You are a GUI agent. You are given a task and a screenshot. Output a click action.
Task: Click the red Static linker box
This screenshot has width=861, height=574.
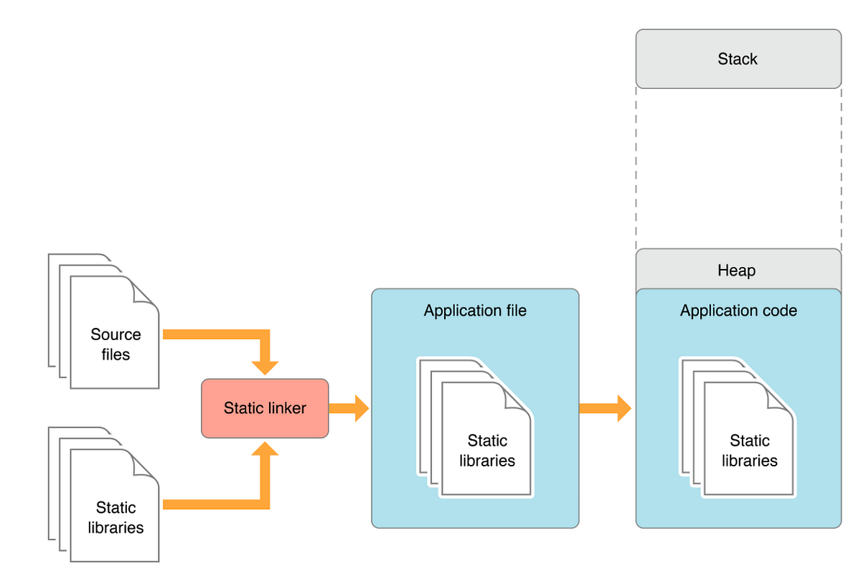point(265,408)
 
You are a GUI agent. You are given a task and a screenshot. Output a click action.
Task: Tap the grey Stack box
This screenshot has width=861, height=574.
point(738,59)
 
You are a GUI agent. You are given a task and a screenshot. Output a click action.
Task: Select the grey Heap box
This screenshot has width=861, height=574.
point(738,270)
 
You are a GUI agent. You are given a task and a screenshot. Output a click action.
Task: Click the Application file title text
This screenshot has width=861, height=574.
point(475,311)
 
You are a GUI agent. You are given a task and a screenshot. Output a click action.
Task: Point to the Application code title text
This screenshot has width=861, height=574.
point(738,311)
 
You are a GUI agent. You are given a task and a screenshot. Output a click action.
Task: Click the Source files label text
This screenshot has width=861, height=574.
point(116,344)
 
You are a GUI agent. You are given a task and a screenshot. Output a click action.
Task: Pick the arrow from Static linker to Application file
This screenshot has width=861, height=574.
point(349,408)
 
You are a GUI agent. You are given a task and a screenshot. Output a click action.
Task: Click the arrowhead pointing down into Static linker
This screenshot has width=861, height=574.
point(265,367)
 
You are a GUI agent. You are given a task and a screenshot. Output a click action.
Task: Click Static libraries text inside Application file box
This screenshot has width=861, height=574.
point(487,451)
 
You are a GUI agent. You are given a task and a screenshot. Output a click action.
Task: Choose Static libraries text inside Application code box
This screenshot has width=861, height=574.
point(750,451)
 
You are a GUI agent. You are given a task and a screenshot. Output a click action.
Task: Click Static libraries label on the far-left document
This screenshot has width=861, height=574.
point(116,517)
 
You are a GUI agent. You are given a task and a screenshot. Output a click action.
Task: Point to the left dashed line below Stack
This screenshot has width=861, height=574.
point(636,169)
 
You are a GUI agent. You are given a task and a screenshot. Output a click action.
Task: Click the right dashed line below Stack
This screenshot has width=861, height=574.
point(841,169)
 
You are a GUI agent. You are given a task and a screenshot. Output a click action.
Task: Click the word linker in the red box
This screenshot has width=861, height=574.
point(286,408)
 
